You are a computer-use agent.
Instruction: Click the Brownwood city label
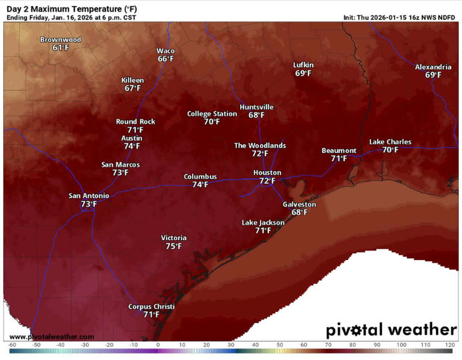coord(61,40)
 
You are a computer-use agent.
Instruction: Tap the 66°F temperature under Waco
coord(166,59)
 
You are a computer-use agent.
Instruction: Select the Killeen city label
coord(132,80)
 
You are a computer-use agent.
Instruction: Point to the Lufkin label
coord(303,65)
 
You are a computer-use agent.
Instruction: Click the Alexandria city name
coord(433,67)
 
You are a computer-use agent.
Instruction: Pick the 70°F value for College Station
coord(212,122)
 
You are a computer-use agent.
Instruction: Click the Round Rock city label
coord(135,122)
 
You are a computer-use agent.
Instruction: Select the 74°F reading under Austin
coord(132,146)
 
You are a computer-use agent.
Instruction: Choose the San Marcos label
coord(120,164)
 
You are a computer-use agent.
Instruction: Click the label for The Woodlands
coord(260,145)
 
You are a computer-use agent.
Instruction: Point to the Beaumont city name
coord(339,151)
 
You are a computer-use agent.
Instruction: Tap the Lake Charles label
coord(390,142)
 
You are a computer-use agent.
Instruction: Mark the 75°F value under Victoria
coord(174,246)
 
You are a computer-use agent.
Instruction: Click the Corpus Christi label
coord(152,306)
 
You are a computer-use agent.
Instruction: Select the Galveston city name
coord(299,204)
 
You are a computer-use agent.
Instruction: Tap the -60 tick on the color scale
coord(12,346)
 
